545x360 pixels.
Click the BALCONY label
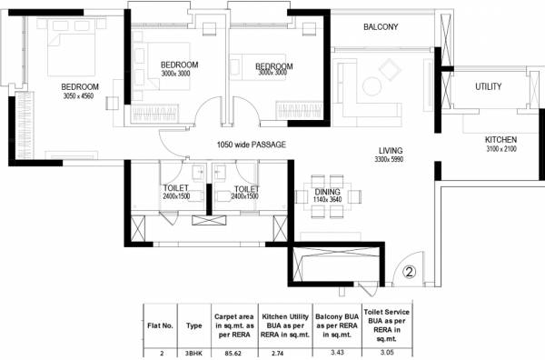point(381,27)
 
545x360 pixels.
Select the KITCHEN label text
point(500,140)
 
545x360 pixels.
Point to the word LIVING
point(391,151)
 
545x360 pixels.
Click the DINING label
point(327,193)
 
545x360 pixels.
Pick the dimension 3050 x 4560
point(54,96)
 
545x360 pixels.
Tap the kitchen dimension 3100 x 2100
point(500,149)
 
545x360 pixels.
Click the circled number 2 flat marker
point(409,270)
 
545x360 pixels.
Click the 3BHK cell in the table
point(193,349)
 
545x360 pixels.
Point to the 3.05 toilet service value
point(386,349)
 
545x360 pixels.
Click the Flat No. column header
point(159,322)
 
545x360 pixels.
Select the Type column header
point(193,322)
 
